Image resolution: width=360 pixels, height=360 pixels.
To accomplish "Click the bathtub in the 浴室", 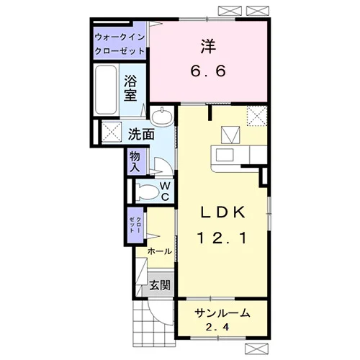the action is [106, 90].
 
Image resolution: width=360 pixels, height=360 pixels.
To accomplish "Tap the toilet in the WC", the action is [147, 192].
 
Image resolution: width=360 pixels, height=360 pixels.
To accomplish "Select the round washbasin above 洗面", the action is [162, 117].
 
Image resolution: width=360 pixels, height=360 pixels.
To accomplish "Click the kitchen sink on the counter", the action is [225, 155].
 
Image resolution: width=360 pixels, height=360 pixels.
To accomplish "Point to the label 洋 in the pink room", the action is [208, 46].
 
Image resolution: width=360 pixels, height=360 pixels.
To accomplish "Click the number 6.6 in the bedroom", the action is [208, 71].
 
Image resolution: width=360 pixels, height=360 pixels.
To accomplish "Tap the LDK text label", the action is [222, 212].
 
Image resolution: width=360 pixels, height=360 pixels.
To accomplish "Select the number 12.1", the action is [222, 238].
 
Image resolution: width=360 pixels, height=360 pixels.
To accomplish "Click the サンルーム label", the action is [222, 313].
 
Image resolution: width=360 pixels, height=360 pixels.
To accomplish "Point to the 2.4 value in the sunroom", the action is [217, 327].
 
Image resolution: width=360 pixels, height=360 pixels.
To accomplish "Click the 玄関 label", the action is [160, 285].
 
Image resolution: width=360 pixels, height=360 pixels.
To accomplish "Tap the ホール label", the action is [160, 251].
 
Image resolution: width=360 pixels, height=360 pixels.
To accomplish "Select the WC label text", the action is [165, 192].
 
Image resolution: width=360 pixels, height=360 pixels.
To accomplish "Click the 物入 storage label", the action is [135, 162].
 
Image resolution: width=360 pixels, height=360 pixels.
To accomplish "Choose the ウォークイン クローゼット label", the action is [120, 44].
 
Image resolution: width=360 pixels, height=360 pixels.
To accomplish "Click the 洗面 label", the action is [141, 135].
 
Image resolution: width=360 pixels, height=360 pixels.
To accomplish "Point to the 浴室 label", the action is [130, 88].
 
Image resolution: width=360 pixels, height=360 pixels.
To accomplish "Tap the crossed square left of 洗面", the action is [112, 132].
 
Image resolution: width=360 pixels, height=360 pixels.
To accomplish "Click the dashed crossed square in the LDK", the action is [257, 116].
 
